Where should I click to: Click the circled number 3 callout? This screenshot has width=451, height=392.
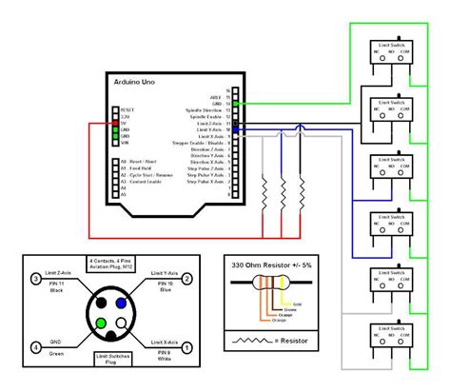[x=35, y=279]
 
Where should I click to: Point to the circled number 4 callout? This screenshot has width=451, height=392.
[x=35, y=348]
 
